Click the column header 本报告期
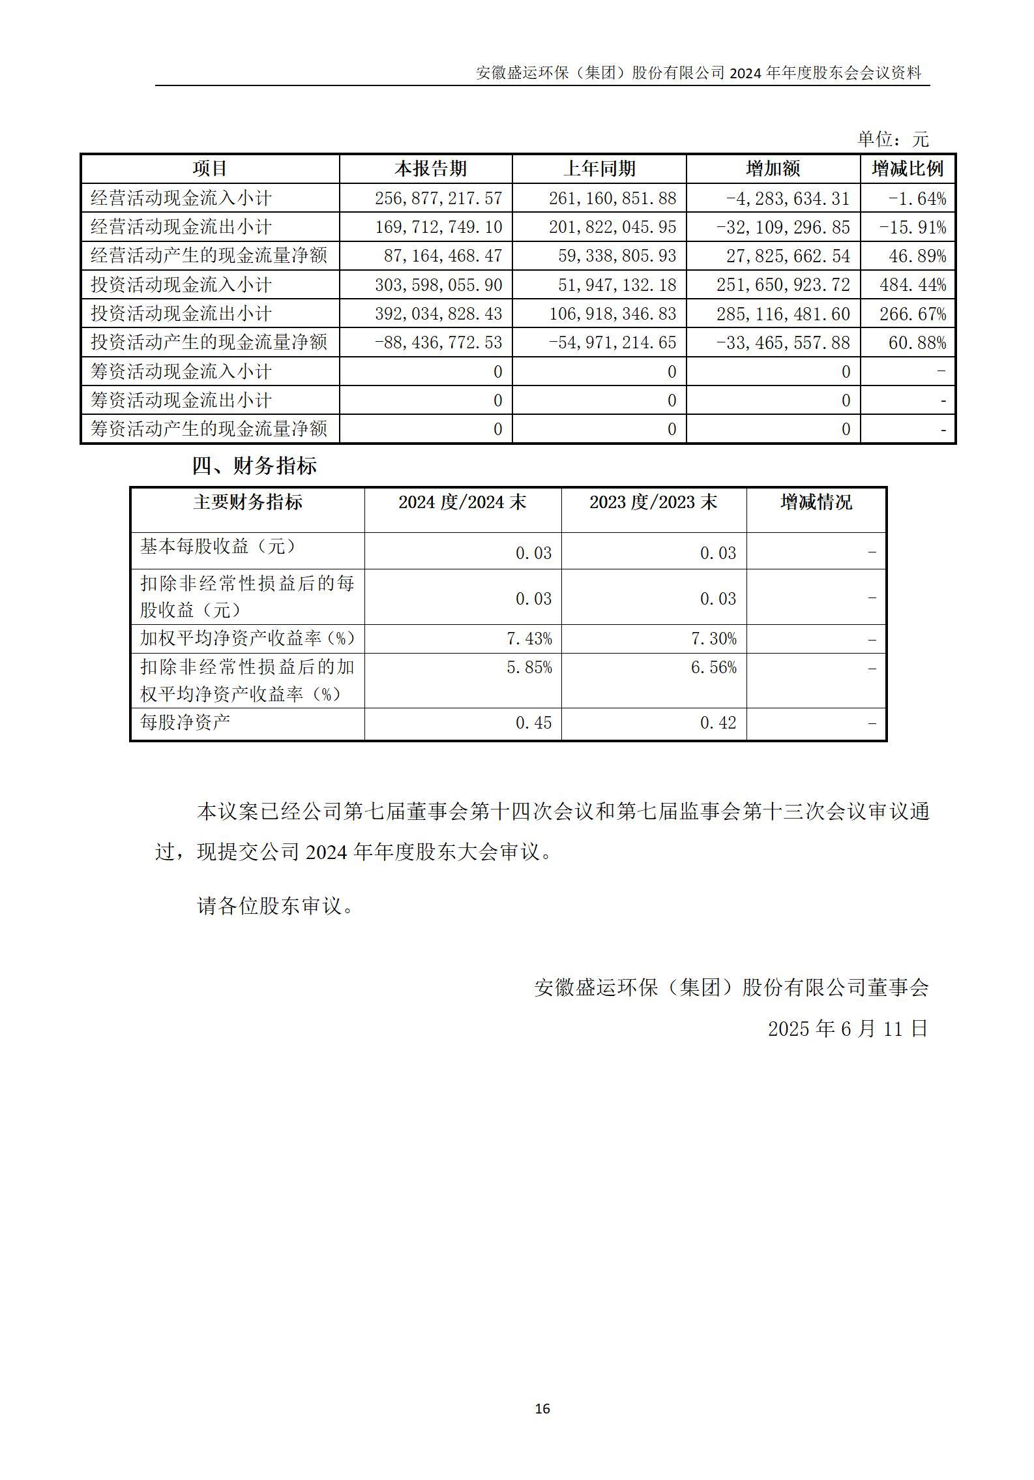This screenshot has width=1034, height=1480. tap(430, 169)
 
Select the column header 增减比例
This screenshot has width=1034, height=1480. tap(908, 169)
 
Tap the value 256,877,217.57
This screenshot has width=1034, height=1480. tap(438, 198)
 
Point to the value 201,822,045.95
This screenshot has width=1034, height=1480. tap(612, 227)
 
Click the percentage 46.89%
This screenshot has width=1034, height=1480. tap(917, 256)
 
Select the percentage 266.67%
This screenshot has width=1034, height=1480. tap(913, 314)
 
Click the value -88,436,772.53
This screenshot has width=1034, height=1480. tap(438, 342)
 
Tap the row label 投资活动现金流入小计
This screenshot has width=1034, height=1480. tap(181, 285)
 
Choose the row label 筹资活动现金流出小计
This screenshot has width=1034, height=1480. tap(181, 400)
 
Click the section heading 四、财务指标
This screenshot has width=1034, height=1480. tap(254, 466)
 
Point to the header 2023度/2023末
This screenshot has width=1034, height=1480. tap(653, 502)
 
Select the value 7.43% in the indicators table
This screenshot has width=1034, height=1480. tap(529, 639)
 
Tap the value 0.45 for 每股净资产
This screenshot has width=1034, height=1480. tap(533, 723)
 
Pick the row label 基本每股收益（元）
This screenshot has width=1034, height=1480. tap(218, 547)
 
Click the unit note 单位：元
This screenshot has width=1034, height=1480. tap(892, 139)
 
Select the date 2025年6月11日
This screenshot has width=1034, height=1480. tap(848, 1029)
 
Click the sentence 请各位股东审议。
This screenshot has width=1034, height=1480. tap(275, 905)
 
